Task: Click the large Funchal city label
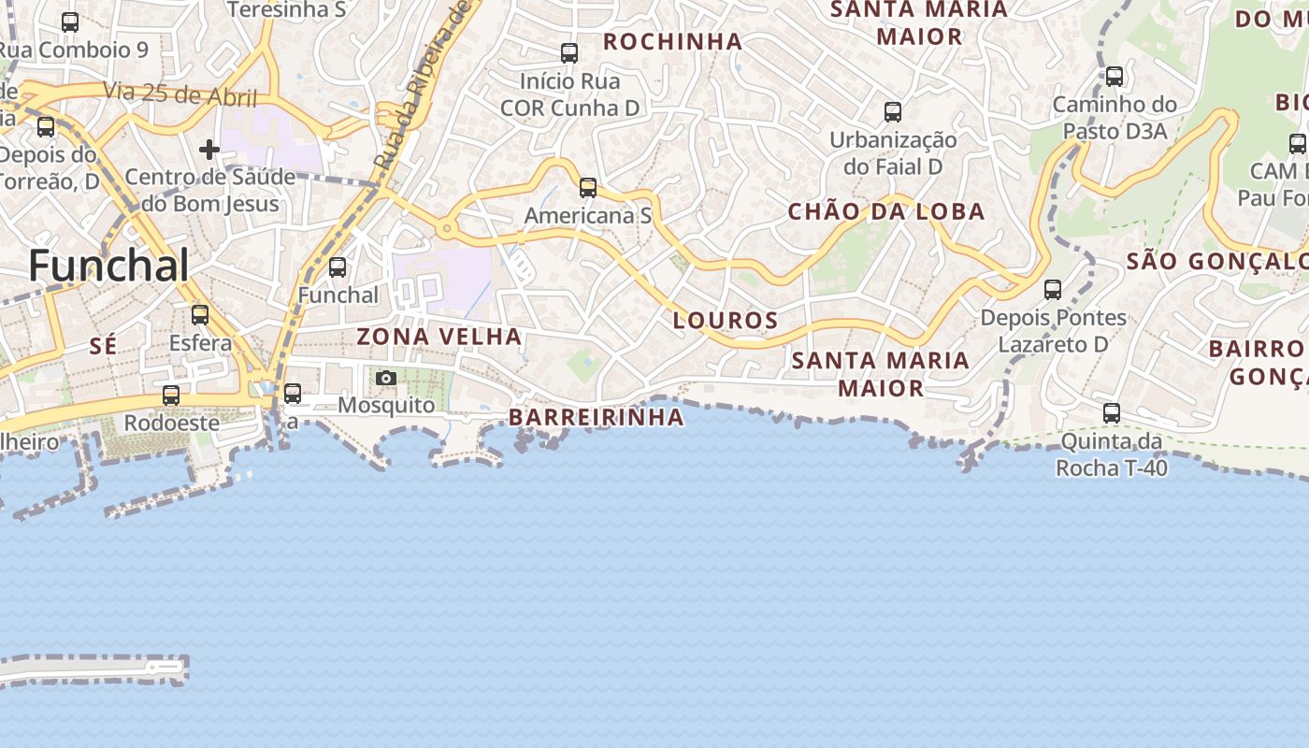[x=108, y=266]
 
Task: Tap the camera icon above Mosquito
[x=386, y=378]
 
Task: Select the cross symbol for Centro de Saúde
[x=209, y=149]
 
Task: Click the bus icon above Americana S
[x=588, y=188]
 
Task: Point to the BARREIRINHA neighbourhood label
[x=597, y=417]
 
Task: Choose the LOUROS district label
[x=726, y=321]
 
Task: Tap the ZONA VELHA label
[x=439, y=337]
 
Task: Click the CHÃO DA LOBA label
[x=886, y=211]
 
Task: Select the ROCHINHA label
[x=673, y=41]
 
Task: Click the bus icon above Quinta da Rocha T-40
[x=1112, y=412]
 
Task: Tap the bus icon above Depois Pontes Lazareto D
[x=1053, y=290]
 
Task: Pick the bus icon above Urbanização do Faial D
[x=893, y=112]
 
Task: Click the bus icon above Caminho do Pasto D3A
[x=1115, y=77]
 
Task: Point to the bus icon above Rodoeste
[x=171, y=396]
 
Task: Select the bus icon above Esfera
[x=200, y=315]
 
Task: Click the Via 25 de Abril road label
[x=180, y=93]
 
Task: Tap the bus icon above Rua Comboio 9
[x=70, y=22]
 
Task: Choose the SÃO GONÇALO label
[x=1215, y=261]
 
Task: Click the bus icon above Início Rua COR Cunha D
[x=569, y=53]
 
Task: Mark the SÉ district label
[x=103, y=346]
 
